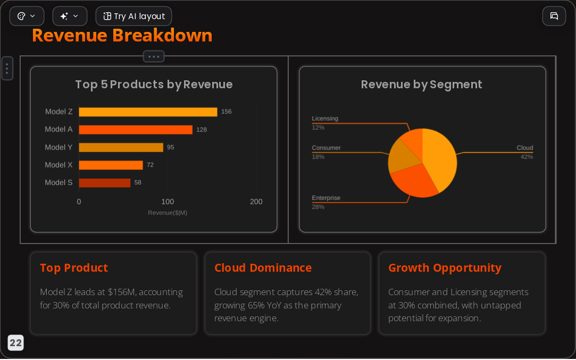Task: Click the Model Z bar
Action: click(x=148, y=112)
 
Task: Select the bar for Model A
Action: click(x=136, y=130)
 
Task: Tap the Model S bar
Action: click(x=105, y=182)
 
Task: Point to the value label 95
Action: click(x=170, y=147)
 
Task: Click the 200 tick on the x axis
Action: click(x=256, y=202)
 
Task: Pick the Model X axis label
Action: click(x=59, y=165)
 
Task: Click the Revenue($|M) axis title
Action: click(x=168, y=213)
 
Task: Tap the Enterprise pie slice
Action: click(x=413, y=180)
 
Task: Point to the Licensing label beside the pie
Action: click(x=325, y=119)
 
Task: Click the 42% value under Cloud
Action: click(x=527, y=157)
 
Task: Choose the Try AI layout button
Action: click(x=133, y=16)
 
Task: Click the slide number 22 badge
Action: click(x=15, y=343)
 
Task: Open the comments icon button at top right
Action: click(x=554, y=16)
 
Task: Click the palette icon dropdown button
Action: click(x=27, y=16)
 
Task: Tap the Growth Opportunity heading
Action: click(x=445, y=268)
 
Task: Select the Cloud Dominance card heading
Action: click(x=263, y=268)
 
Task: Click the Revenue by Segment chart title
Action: click(x=421, y=85)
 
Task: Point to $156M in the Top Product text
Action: click(x=122, y=292)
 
